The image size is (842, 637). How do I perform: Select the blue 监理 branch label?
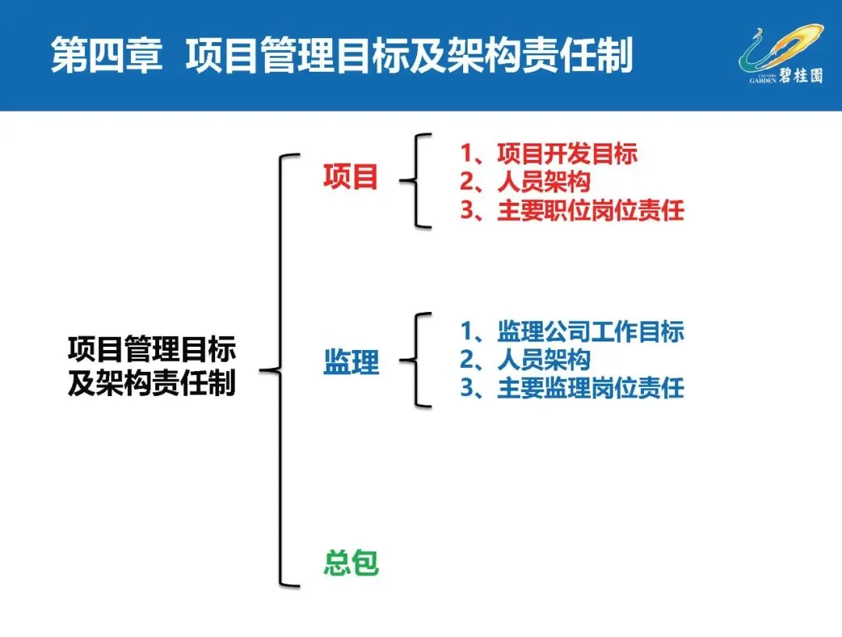click(x=351, y=362)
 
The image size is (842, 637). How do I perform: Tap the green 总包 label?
click(x=351, y=563)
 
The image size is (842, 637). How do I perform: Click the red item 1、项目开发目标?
click(x=548, y=154)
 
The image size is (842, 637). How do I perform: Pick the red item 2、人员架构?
click(x=525, y=182)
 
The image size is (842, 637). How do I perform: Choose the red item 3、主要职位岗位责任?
click(x=571, y=211)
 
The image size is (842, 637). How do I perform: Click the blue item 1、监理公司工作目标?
click(x=571, y=331)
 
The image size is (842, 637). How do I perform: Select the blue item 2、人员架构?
click(x=525, y=359)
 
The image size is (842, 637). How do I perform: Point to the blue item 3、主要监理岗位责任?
click(x=571, y=388)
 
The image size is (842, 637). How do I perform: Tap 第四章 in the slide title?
click(x=106, y=57)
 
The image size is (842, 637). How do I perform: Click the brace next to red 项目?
click(x=418, y=180)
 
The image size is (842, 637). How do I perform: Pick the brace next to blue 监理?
click(x=418, y=360)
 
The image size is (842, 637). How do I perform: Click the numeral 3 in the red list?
click(x=468, y=211)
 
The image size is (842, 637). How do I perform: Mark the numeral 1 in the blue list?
click(x=468, y=331)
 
